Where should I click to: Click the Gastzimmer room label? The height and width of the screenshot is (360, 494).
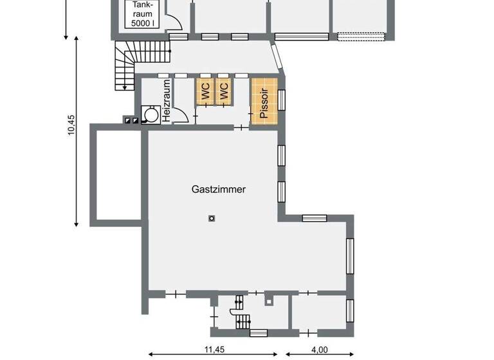(x=219, y=190)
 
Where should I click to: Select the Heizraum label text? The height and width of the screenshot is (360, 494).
(x=166, y=102)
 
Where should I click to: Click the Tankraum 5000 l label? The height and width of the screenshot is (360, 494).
(x=143, y=14)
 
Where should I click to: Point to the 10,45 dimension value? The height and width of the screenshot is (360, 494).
(x=71, y=125)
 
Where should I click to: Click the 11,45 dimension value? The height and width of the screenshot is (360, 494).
(x=214, y=350)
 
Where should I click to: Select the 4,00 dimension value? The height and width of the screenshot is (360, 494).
(x=320, y=350)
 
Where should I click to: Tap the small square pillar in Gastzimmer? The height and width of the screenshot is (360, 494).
(x=211, y=219)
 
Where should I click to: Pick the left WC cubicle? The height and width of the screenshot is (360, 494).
(x=205, y=91)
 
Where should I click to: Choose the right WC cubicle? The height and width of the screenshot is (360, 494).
(x=223, y=91)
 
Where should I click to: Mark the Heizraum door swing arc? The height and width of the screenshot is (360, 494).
(x=181, y=116)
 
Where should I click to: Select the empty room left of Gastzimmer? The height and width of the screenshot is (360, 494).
(x=115, y=174)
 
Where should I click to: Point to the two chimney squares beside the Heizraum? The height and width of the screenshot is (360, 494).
(x=131, y=120)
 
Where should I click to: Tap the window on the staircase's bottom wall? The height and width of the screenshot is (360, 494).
(x=258, y=332)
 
